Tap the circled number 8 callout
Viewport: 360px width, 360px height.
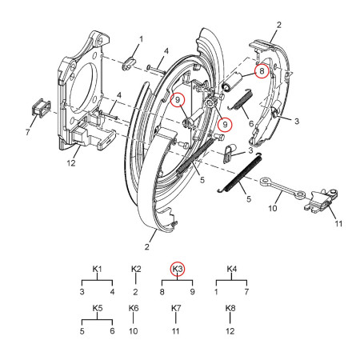pyautogui.click(x=260, y=71)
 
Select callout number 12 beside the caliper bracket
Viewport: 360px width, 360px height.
pyautogui.click(x=71, y=163)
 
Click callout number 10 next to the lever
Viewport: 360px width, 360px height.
pyautogui.click(x=273, y=208)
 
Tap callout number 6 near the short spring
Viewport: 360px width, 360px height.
pyautogui.click(x=251, y=123)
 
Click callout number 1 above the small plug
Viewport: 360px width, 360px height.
pyautogui.click(x=142, y=38)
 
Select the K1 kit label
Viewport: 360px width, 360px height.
pyautogui.click(x=98, y=269)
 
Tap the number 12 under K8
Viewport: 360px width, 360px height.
pyautogui.click(x=230, y=330)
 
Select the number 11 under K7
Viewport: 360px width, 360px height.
pyautogui.click(x=177, y=330)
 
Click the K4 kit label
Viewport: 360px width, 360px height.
pyautogui.click(x=230, y=269)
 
